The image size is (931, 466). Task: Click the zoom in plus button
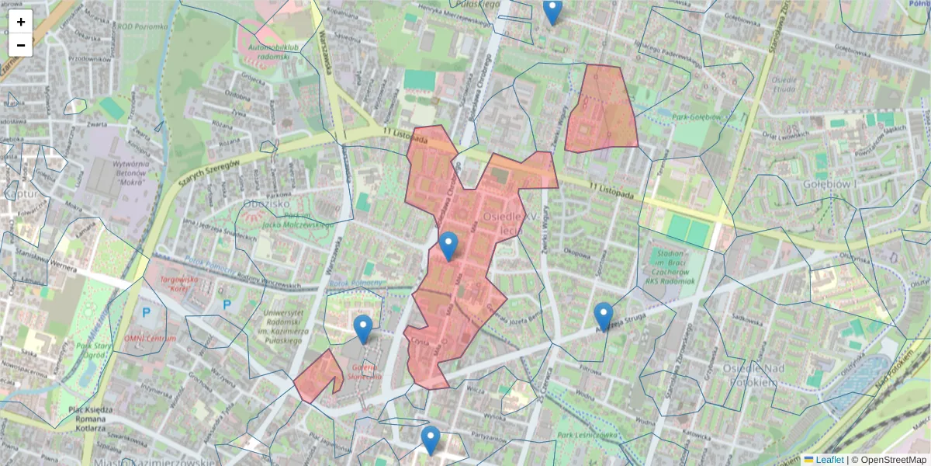(x=21, y=22)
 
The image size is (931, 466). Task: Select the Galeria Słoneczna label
(x=367, y=371)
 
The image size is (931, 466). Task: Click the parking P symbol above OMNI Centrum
(x=147, y=312)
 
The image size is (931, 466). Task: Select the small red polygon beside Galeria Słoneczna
(x=318, y=376)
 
